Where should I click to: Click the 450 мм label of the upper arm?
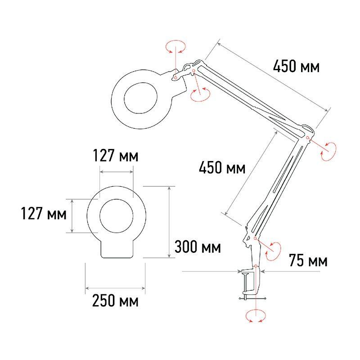click(296, 67)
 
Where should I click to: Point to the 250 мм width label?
click(115, 301)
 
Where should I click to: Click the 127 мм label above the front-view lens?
click(116, 157)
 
